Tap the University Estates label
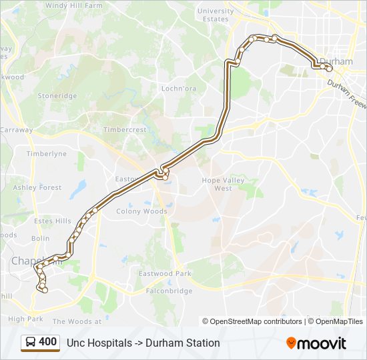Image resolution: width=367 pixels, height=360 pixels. tap(216, 15)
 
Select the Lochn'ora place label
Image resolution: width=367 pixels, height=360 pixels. tap(177, 88)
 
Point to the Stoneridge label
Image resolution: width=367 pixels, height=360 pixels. tap(57, 96)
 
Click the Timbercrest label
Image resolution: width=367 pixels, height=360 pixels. tap(125, 130)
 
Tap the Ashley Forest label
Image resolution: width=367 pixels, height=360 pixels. tap(37, 188)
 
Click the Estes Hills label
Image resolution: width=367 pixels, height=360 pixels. tap(53, 221)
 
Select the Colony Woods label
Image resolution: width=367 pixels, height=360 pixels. tap(142, 211)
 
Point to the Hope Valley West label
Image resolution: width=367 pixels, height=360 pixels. tap(223, 184)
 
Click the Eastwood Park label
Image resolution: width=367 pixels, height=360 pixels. tap(165, 274)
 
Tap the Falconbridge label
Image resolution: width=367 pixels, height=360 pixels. tap(165, 291)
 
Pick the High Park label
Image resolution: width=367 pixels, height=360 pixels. tap(26, 319)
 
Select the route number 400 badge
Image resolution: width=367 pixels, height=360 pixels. tap(47, 342)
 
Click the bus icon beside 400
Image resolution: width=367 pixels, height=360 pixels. tap(31, 343)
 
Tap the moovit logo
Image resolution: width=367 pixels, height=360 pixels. tap(316, 343)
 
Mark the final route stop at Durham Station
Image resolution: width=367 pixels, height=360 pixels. tap(329, 68)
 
